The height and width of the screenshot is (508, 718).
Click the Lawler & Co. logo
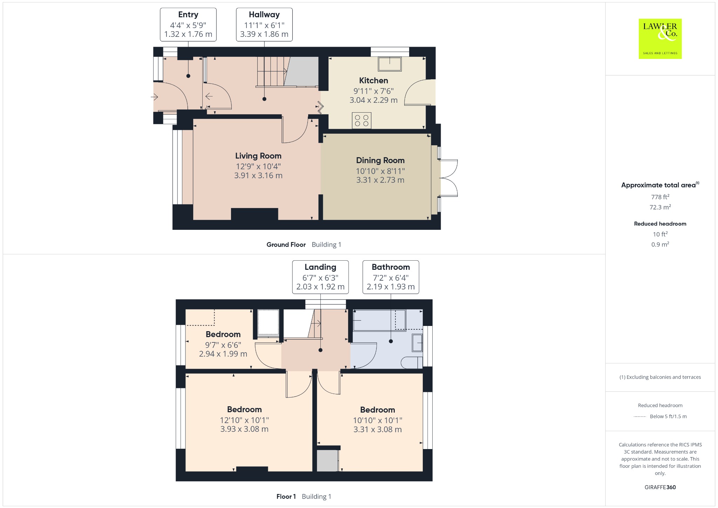point(660,39)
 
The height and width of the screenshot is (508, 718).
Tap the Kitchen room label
point(373,80)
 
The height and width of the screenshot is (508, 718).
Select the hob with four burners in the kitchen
point(361,121)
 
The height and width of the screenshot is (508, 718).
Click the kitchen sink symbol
point(390,64)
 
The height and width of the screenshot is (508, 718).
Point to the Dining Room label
point(380,160)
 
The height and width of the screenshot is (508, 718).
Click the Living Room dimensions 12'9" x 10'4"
point(258,166)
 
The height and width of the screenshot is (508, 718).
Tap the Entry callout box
point(188,25)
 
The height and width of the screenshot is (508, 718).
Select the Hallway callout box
point(264,25)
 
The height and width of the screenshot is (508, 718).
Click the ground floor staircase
point(272,72)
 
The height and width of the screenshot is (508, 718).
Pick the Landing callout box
point(320,277)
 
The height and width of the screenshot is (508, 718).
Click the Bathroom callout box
point(391,277)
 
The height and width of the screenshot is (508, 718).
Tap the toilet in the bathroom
point(412,363)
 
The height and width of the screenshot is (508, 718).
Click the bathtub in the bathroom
point(379,320)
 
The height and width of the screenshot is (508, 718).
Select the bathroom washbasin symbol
point(417,343)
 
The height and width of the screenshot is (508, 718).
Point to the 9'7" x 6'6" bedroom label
point(223,344)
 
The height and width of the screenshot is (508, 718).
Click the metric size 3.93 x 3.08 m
point(244,429)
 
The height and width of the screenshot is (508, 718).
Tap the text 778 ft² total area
point(660,197)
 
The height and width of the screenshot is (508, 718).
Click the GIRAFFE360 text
point(660,487)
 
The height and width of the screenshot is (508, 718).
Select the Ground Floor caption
point(286,245)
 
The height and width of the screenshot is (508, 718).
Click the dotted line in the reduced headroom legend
point(640,416)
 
